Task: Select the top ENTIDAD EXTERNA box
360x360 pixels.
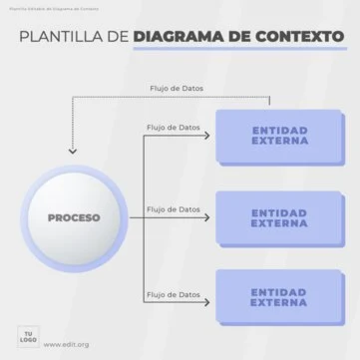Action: point(279,136)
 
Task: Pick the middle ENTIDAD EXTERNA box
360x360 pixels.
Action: point(279,216)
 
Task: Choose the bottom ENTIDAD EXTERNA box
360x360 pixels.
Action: point(279,296)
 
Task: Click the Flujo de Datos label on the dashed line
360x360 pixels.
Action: point(175,88)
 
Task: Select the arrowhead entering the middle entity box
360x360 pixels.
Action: point(210,219)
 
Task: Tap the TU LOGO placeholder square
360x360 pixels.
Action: point(29,334)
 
